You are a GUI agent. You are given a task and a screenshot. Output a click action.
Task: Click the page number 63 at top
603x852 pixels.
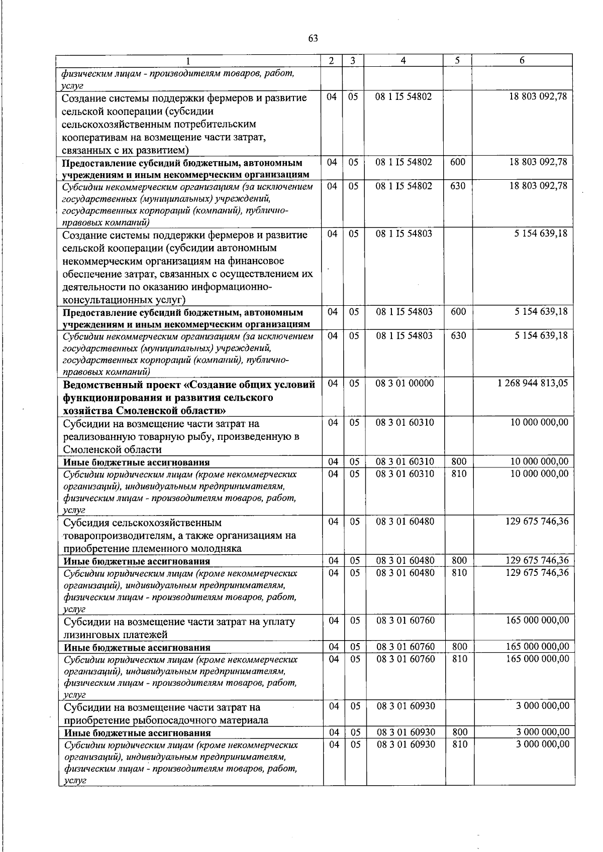pos(313,39)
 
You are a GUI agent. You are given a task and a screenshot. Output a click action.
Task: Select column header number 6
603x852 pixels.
pos(522,61)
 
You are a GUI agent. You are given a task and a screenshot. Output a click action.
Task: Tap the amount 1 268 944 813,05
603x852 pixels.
pos(533,383)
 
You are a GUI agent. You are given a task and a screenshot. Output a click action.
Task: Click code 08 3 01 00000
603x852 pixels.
pos(405,383)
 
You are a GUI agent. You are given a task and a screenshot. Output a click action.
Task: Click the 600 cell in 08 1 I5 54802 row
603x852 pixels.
pos(458,162)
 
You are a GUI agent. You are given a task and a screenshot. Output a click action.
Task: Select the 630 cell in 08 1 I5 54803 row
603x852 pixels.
pos(458,335)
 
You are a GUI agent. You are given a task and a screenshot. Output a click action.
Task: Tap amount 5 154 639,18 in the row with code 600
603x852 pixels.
pos(541,311)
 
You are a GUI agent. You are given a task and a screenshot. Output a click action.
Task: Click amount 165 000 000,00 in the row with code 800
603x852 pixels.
pos(537,646)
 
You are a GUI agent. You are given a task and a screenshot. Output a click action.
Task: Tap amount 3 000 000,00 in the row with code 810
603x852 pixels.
pos(543,744)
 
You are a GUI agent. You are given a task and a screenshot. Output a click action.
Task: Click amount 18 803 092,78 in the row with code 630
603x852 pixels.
pos(538,186)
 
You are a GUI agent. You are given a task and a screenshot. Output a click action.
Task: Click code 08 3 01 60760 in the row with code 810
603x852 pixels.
pos(406,658)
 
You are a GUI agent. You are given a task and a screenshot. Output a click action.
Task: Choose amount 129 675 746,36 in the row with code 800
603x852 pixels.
pos(537,560)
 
